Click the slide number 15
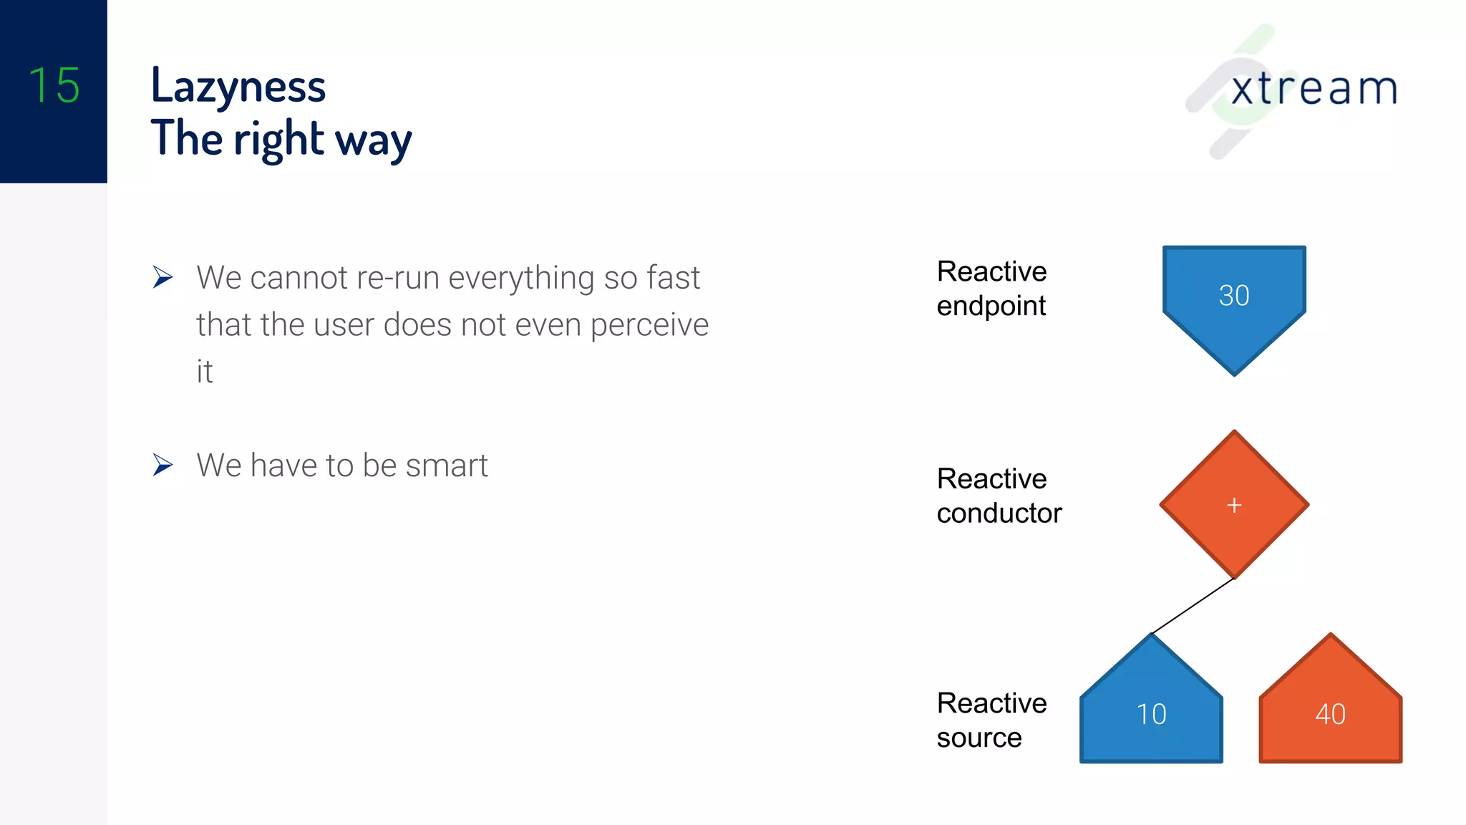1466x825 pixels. click(54, 85)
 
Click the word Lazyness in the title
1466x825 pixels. click(238, 86)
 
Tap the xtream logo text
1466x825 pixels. click(1314, 89)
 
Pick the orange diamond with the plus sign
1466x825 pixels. click(1234, 505)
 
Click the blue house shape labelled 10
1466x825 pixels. click(1151, 713)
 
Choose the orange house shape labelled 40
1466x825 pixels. click(1330, 713)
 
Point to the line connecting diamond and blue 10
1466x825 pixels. click(1193, 607)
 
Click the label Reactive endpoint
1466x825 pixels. click(991, 289)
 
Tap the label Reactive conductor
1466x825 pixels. click(999, 496)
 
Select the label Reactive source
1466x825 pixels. click(991, 720)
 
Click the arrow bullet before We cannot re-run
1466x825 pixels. click(162, 277)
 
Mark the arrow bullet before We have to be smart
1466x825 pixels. click(162, 465)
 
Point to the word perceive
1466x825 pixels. click(649, 325)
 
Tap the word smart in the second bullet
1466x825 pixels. click(447, 465)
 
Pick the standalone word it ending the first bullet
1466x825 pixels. click(205, 372)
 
